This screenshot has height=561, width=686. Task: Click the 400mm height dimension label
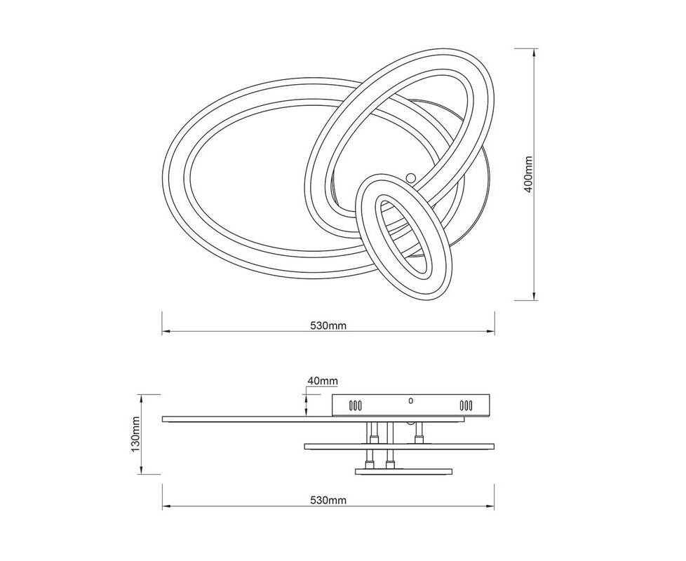(x=528, y=174)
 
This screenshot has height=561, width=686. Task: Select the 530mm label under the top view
(x=328, y=326)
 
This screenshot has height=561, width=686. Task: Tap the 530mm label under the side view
(x=328, y=500)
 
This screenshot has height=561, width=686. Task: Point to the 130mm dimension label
(x=135, y=434)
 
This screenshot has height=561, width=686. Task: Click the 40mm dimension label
(x=323, y=381)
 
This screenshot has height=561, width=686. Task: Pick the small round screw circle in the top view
(x=411, y=177)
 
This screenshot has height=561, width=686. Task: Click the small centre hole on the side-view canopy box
(x=410, y=400)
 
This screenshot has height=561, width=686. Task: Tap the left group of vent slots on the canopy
(x=355, y=405)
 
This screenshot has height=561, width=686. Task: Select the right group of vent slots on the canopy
(x=466, y=405)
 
